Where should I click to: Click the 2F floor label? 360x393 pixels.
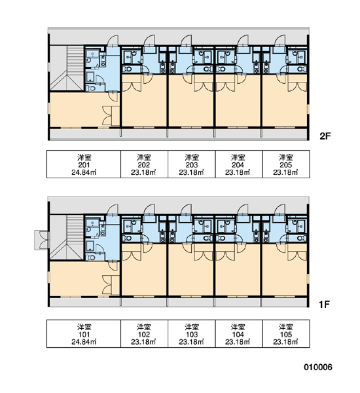tap(325, 136)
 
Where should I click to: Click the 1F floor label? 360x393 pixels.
tap(324, 305)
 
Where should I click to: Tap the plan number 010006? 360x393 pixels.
tap(318, 367)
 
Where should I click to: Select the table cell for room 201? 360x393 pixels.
tap(84, 164)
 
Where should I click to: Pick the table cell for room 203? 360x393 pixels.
tap(191, 164)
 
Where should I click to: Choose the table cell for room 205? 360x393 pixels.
tap(286, 164)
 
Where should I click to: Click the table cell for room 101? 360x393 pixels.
tap(84, 333)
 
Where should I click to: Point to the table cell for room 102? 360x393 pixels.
tap(144, 333)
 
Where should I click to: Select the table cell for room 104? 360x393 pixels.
tap(239, 333)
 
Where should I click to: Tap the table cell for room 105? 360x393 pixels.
tap(286, 333)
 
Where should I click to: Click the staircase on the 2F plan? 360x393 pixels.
tap(67, 68)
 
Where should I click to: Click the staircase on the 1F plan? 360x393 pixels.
tap(67, 237)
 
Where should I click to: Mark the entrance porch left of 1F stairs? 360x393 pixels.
tap(42, 240)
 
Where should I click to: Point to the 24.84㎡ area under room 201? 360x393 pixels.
tap(84, 172)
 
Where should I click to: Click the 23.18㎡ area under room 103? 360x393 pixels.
tap(191, 342)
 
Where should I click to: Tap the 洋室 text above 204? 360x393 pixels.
tap(238, 157)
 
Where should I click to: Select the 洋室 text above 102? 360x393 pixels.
tap(144, 327)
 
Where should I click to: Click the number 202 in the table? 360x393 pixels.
tap(144, 165)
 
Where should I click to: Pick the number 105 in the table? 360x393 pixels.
tap(286, 334)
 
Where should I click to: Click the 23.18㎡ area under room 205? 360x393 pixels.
tap(285, 172)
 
